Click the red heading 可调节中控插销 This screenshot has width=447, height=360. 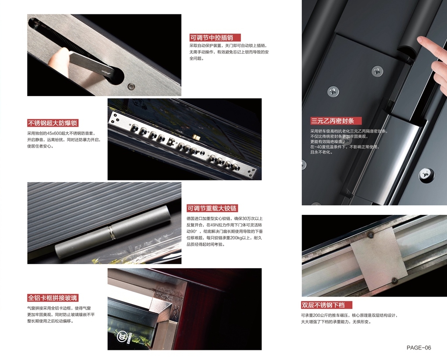215,38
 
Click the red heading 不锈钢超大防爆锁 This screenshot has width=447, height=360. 53,123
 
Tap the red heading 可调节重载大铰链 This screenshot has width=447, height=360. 212,208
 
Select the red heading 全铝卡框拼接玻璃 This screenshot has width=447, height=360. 53,298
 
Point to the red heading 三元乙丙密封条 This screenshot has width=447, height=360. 336,121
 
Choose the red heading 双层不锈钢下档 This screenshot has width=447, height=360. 327,305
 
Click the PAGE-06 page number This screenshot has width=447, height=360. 419,347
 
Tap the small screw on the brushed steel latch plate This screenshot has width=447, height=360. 131,86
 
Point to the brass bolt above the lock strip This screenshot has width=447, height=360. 196,136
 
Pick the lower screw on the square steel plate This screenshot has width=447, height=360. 395,280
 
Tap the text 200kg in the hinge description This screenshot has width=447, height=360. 235,238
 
